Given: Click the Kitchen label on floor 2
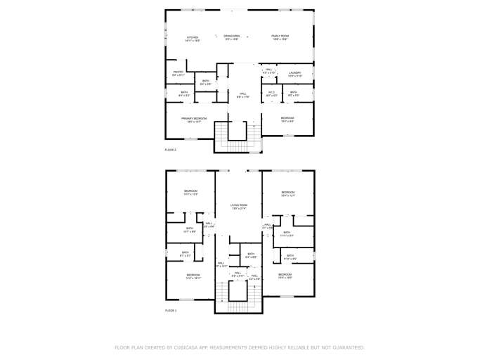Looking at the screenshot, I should (193, 37).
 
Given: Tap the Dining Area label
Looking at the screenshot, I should (232, 36).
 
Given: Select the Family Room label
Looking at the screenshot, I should (280, 36).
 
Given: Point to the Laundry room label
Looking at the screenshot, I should (294, 74).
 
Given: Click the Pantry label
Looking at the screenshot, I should (179, 72).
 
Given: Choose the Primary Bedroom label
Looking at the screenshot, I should (194, 119).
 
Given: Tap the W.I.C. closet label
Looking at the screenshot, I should (271, 92).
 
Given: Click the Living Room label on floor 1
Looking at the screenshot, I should (239, 205).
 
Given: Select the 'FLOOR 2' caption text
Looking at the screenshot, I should (171, 150).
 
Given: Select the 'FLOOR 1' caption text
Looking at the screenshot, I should (171, 310).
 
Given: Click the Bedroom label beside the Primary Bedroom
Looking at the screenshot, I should (287, 118).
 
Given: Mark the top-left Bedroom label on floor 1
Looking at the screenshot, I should (191, 191).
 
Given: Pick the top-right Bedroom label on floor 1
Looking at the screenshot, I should (288, 193).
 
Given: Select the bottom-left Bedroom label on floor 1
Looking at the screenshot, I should (193, 275).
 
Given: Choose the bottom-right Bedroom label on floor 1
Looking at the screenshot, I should (285, 274).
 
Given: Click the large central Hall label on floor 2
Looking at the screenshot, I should (242, 94).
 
